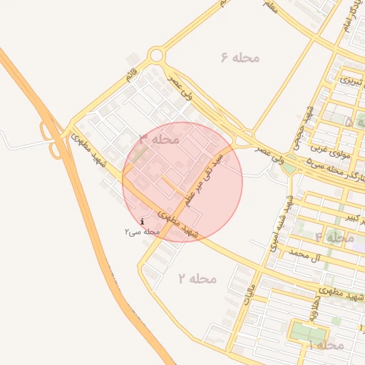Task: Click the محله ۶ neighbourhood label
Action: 240,57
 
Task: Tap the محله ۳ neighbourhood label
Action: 158,138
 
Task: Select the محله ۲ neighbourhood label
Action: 197,277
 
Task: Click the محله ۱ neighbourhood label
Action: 327,344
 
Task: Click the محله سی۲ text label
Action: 141,232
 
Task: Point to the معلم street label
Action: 269,6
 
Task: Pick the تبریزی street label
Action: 350,81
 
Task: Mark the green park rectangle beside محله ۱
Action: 308,333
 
